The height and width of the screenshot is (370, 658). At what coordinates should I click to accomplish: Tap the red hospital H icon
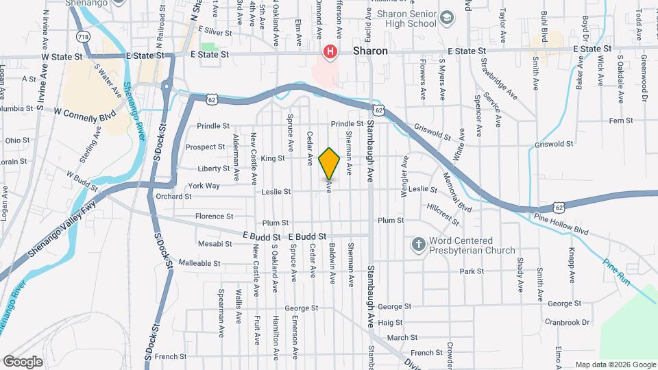tap(330, 51)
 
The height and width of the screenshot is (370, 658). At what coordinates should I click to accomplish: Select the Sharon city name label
tap(370, 51)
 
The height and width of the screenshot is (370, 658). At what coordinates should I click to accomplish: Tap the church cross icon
tap(417, 244)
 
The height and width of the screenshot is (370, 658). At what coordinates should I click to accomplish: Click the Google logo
tap(23, 361)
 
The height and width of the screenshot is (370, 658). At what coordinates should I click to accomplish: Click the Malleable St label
tap(199, 263)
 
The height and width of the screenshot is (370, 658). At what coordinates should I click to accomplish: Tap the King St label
tap(272, 158)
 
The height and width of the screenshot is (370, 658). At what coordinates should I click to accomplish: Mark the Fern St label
tap(600, 121)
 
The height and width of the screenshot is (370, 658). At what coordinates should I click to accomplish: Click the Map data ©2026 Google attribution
tap(615, 365)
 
